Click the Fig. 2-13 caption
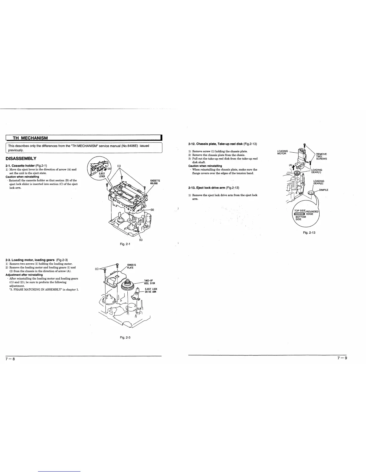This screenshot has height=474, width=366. click(x=309, y=233)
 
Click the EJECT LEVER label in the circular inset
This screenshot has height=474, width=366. click(x=103, y=175)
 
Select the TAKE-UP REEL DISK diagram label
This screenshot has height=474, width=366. click(x=149, y=282)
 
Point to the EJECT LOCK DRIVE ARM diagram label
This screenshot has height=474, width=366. click(x=151, y=290)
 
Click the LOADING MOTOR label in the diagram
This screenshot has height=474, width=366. click(x=282, y=152)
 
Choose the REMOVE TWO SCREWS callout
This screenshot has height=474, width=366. click(x=321, y=156)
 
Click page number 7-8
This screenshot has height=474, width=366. click(x=7, y=359)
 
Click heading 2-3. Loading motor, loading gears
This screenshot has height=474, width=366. click(x=38, y=260)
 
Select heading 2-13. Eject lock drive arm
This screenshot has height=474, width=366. click(x=213, y=188)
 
